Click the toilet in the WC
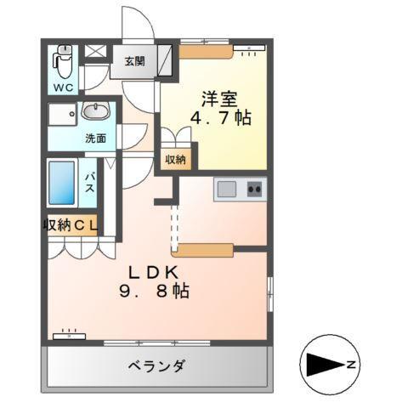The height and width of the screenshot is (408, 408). tap(62, 60)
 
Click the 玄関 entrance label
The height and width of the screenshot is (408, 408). tap(134, 61)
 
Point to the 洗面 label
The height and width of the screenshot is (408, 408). tap(95, 138)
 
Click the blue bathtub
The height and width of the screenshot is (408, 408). tap(61, 182)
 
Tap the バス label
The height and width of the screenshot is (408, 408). tap(88, 183)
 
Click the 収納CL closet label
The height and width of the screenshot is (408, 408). tap(71, 224)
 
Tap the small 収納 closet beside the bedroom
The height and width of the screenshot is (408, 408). tap(175, 158)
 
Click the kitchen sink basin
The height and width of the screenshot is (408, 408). tap(228, 189)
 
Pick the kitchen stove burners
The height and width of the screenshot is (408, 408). tap(255, 189)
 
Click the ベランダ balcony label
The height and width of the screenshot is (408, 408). tap(157, 366)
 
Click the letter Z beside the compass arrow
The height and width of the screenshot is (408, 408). tap(349, 365)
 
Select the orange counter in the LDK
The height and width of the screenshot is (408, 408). tap(203, 249)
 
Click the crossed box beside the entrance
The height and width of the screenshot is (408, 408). tap(97, 51)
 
